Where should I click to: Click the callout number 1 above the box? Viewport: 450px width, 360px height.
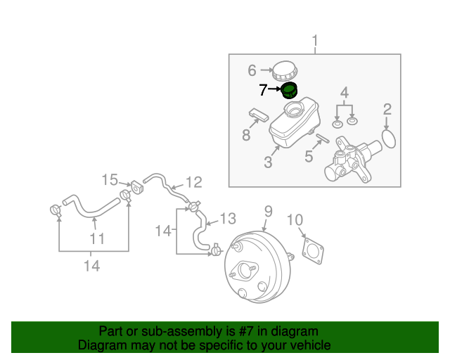pos(315,41)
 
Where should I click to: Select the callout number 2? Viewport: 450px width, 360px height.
pos(387,109)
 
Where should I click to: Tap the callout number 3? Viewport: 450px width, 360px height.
pos(267,162)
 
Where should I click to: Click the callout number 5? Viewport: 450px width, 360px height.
pos(309,155)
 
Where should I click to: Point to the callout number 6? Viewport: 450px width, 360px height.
pos(252,70)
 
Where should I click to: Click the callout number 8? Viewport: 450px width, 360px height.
pos(246,134)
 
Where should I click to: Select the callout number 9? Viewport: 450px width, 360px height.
pos(268,210)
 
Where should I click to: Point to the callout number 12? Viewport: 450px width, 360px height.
pos(193,182)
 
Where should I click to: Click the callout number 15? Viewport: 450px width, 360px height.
pos(110,179)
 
